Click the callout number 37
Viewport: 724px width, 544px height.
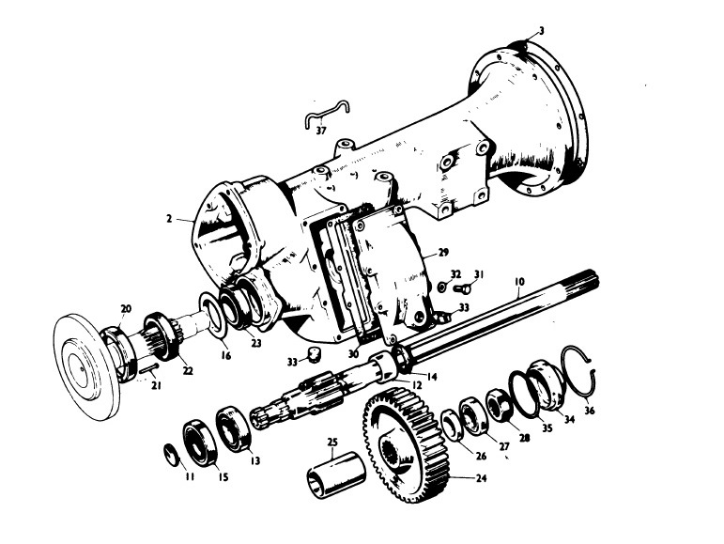pyautogui.click(x=321, y=131)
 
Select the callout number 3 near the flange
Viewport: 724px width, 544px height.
pyautogui.click(x=542, y=31)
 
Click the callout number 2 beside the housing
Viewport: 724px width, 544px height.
pyautogui.click(x=169, y=218)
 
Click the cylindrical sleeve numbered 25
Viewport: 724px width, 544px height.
pyautogui.click(x=336, y=474)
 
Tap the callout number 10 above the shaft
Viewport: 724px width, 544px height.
pyautogui.click(x=519, y=281)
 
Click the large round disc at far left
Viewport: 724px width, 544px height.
pyautogui.click(x=86, y=360)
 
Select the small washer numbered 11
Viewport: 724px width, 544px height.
pyautogui.click(x=171, y=455)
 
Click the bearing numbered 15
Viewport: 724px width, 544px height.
pyautogui.click(x=200, y=442)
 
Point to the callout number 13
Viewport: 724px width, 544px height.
pyautogui.click(x=255, y=460)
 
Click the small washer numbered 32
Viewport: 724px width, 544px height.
pyautogui.click(x=442, y=288)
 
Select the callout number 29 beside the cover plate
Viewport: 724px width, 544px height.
pyautogui.click(x=443, y=253)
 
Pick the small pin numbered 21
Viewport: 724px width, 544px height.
pyautogui.click(x=148, y=368)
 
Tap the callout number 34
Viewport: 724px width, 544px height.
pyautogui.click(x=569, y=419)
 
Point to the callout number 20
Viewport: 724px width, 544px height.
pyautogui.click(x=126, y=309)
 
